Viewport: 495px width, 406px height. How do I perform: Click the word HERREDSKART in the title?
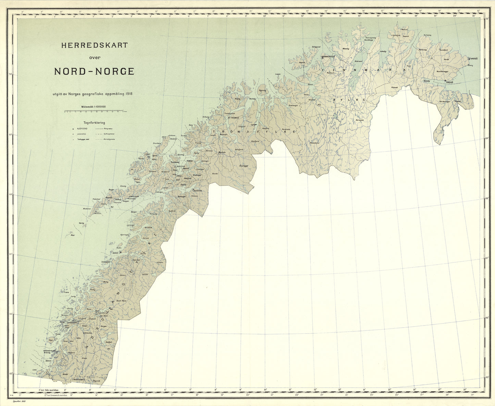point(94,45)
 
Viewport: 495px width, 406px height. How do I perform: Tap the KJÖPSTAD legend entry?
point(82,128)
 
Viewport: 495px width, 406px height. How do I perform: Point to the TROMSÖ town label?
point(234,118)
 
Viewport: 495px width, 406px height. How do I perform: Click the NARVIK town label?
point(198,191)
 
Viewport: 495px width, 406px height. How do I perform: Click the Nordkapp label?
point(368,40)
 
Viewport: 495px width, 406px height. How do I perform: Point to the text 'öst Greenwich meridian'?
point(55,394)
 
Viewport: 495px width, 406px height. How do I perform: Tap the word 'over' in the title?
point(95,58)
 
